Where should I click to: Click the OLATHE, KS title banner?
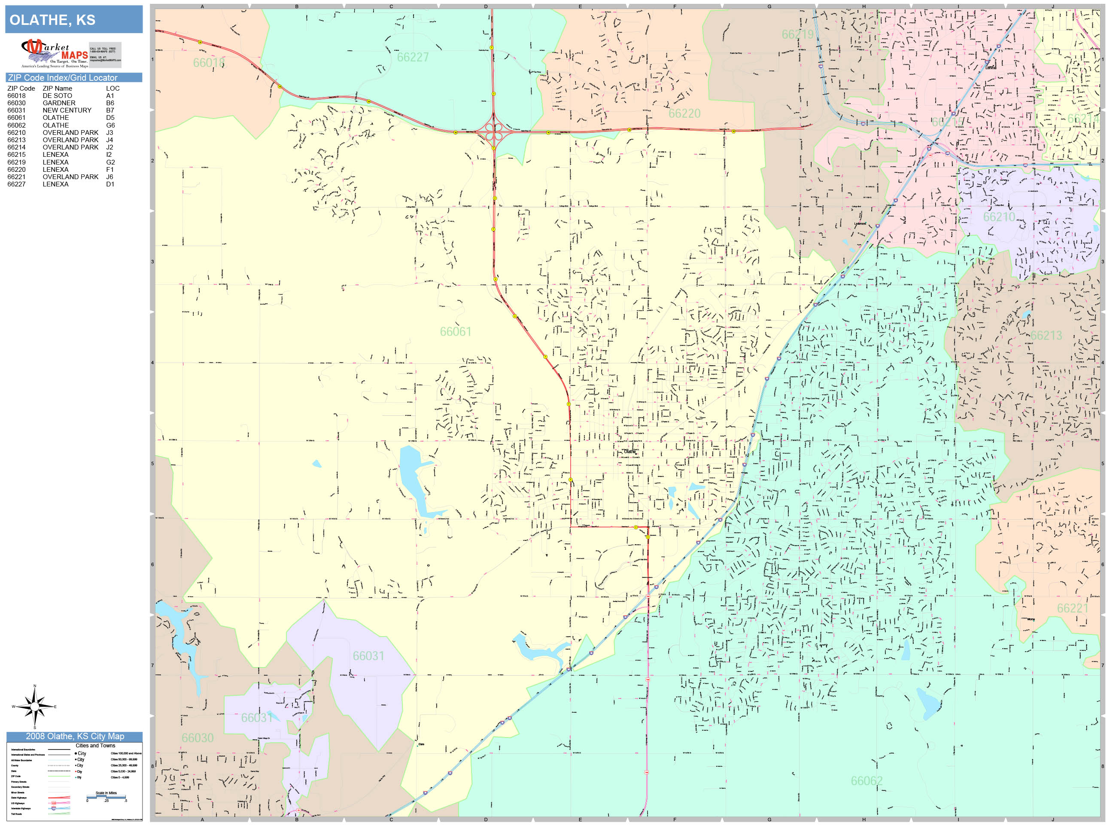(x=73, y=20)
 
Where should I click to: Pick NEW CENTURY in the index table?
(x=67, y=110)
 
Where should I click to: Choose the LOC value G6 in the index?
(x=110, y=125)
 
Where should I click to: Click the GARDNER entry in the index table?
(x=59, y=103)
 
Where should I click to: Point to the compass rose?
(x=34, y=707)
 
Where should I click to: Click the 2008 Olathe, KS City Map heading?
(x=74, y=736)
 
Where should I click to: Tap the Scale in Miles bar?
(x=106, y=797)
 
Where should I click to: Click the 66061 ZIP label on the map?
(x=455, y=332)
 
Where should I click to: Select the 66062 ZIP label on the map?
(x=867, y=780)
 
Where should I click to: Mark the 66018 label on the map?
(x=209, y=63)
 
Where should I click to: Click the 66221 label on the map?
(x=1072, y=608)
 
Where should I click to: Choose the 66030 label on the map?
(x=197, y=738)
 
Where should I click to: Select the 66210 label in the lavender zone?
(x=999, y=217)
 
